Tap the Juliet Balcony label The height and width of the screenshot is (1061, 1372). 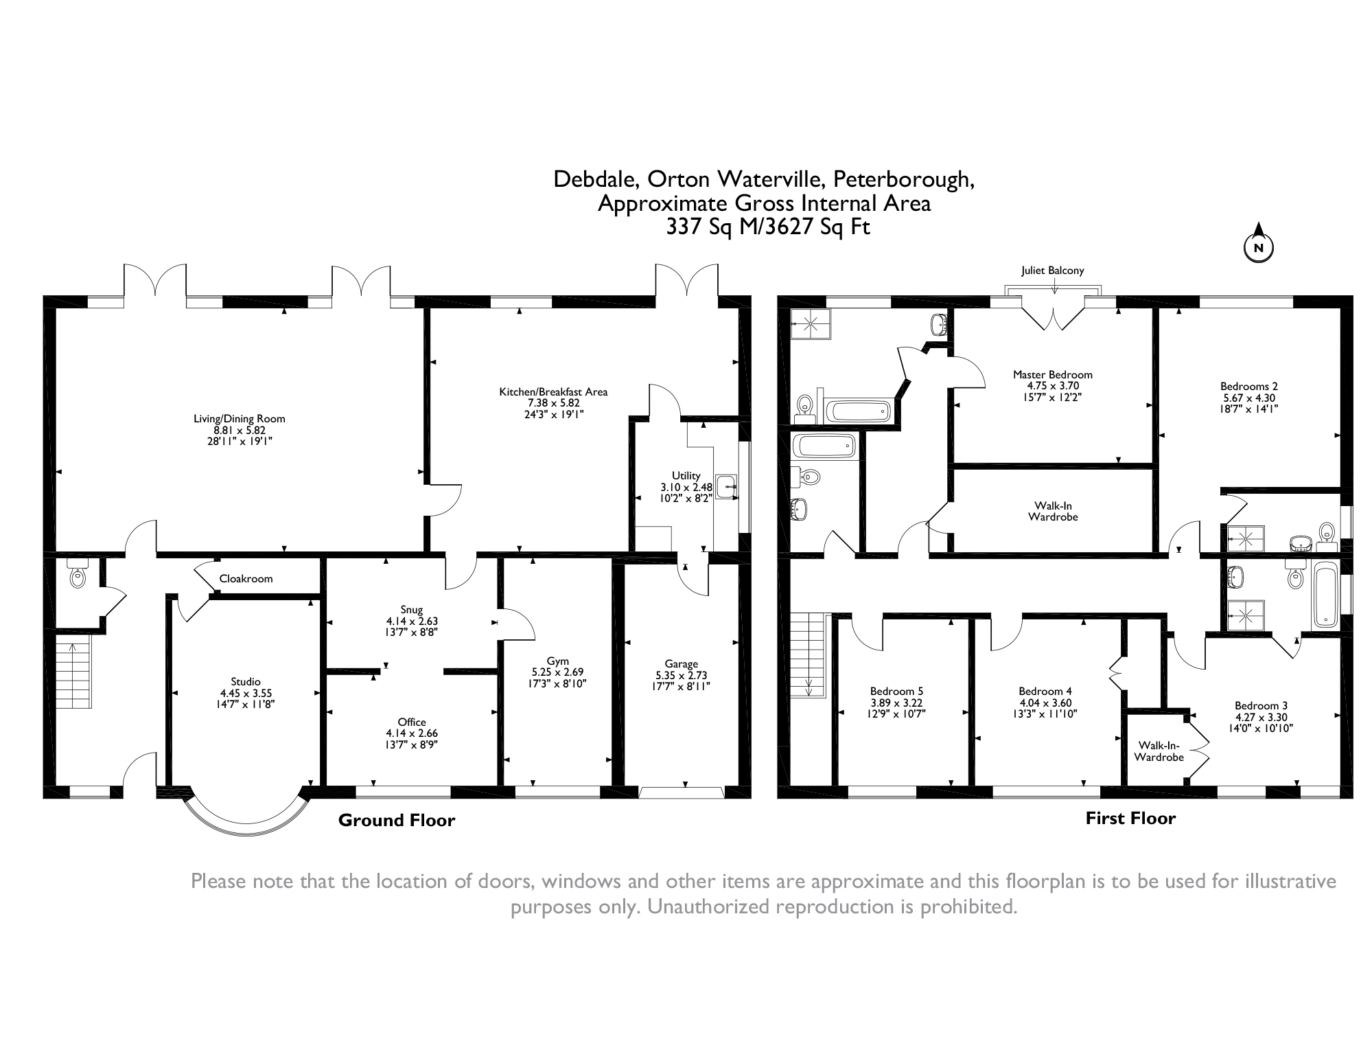click(1052, 271)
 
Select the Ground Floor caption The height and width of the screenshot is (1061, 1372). click(397, 820)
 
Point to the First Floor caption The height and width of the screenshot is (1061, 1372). click(1130, 818)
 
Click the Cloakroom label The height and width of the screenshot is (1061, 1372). click(246, 578)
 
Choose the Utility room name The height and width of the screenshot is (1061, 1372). click(686, 475)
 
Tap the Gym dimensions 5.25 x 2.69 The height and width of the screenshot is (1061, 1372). click(558, 672)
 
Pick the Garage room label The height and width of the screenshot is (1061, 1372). click(681, 663)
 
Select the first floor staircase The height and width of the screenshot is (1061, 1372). click(807, 655)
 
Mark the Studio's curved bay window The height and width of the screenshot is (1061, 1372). click(246, 816)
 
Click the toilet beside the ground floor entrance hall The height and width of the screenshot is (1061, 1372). click(78, 573)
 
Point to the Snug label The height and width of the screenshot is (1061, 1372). click(412, 609)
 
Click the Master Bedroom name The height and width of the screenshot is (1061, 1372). click(1053, 374)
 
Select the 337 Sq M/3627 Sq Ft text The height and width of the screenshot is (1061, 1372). click(768, 227)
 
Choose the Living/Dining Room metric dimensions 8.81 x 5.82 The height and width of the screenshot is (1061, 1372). click(239, 430)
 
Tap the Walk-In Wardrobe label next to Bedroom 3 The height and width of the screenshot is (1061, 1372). click(1159, 751)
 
